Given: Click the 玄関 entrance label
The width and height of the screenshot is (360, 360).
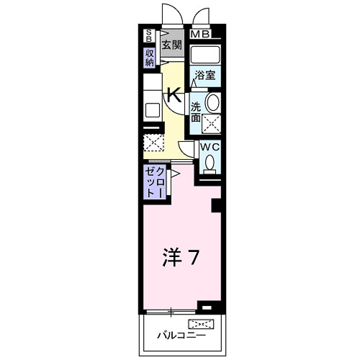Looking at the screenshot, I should (x=171, y=45).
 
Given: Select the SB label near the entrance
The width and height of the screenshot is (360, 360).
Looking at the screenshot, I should (x=150, y=35).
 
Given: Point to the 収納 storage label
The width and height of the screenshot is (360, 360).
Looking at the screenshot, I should (x=150, y=58).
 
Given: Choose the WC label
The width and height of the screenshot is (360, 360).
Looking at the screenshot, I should (x=208, y=146).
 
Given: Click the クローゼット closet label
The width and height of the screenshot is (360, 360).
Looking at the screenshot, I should (x=155, y=182).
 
